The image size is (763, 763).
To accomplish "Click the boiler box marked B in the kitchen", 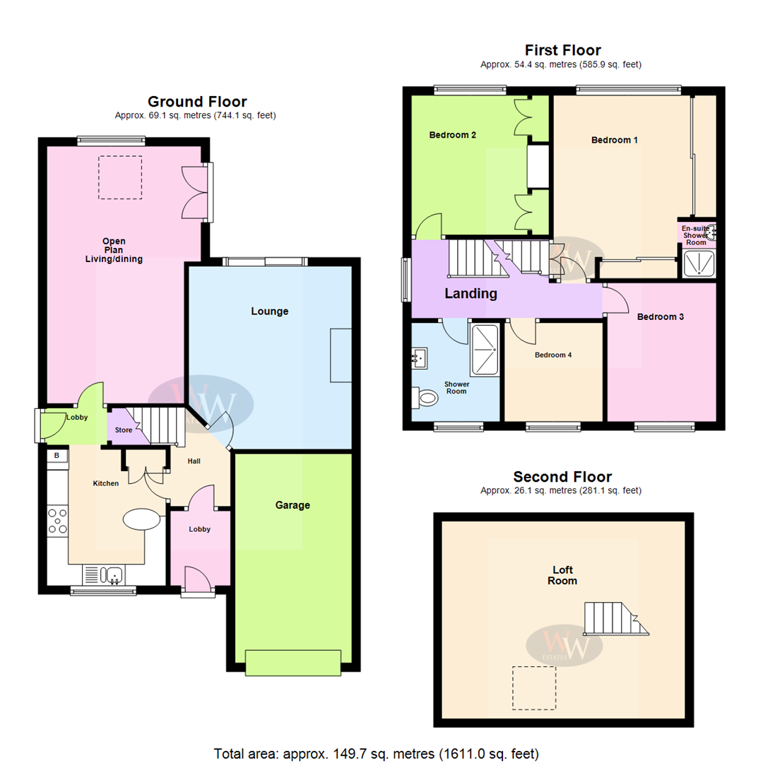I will [x=57, y=456].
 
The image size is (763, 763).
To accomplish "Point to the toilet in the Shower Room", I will [x=426, y=398].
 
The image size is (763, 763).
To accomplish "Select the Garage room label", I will [x=292, y=505].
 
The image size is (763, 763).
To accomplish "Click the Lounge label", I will [x=269, y=311].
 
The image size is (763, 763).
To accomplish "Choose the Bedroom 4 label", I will [x=553, y=355].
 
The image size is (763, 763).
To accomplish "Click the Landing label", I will [x=471, y=293].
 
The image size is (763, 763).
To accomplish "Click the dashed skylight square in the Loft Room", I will [x=534, y=687].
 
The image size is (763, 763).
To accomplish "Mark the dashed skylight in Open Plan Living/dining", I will [x=120, y=177].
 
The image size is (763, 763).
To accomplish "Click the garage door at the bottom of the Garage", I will [x=292, y=663].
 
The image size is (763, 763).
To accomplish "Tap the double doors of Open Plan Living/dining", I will [x=194, y=192].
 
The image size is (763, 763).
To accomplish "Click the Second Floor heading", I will [x=562, y=476].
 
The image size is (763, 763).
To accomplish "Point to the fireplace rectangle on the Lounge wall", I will [x=341, y=355].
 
